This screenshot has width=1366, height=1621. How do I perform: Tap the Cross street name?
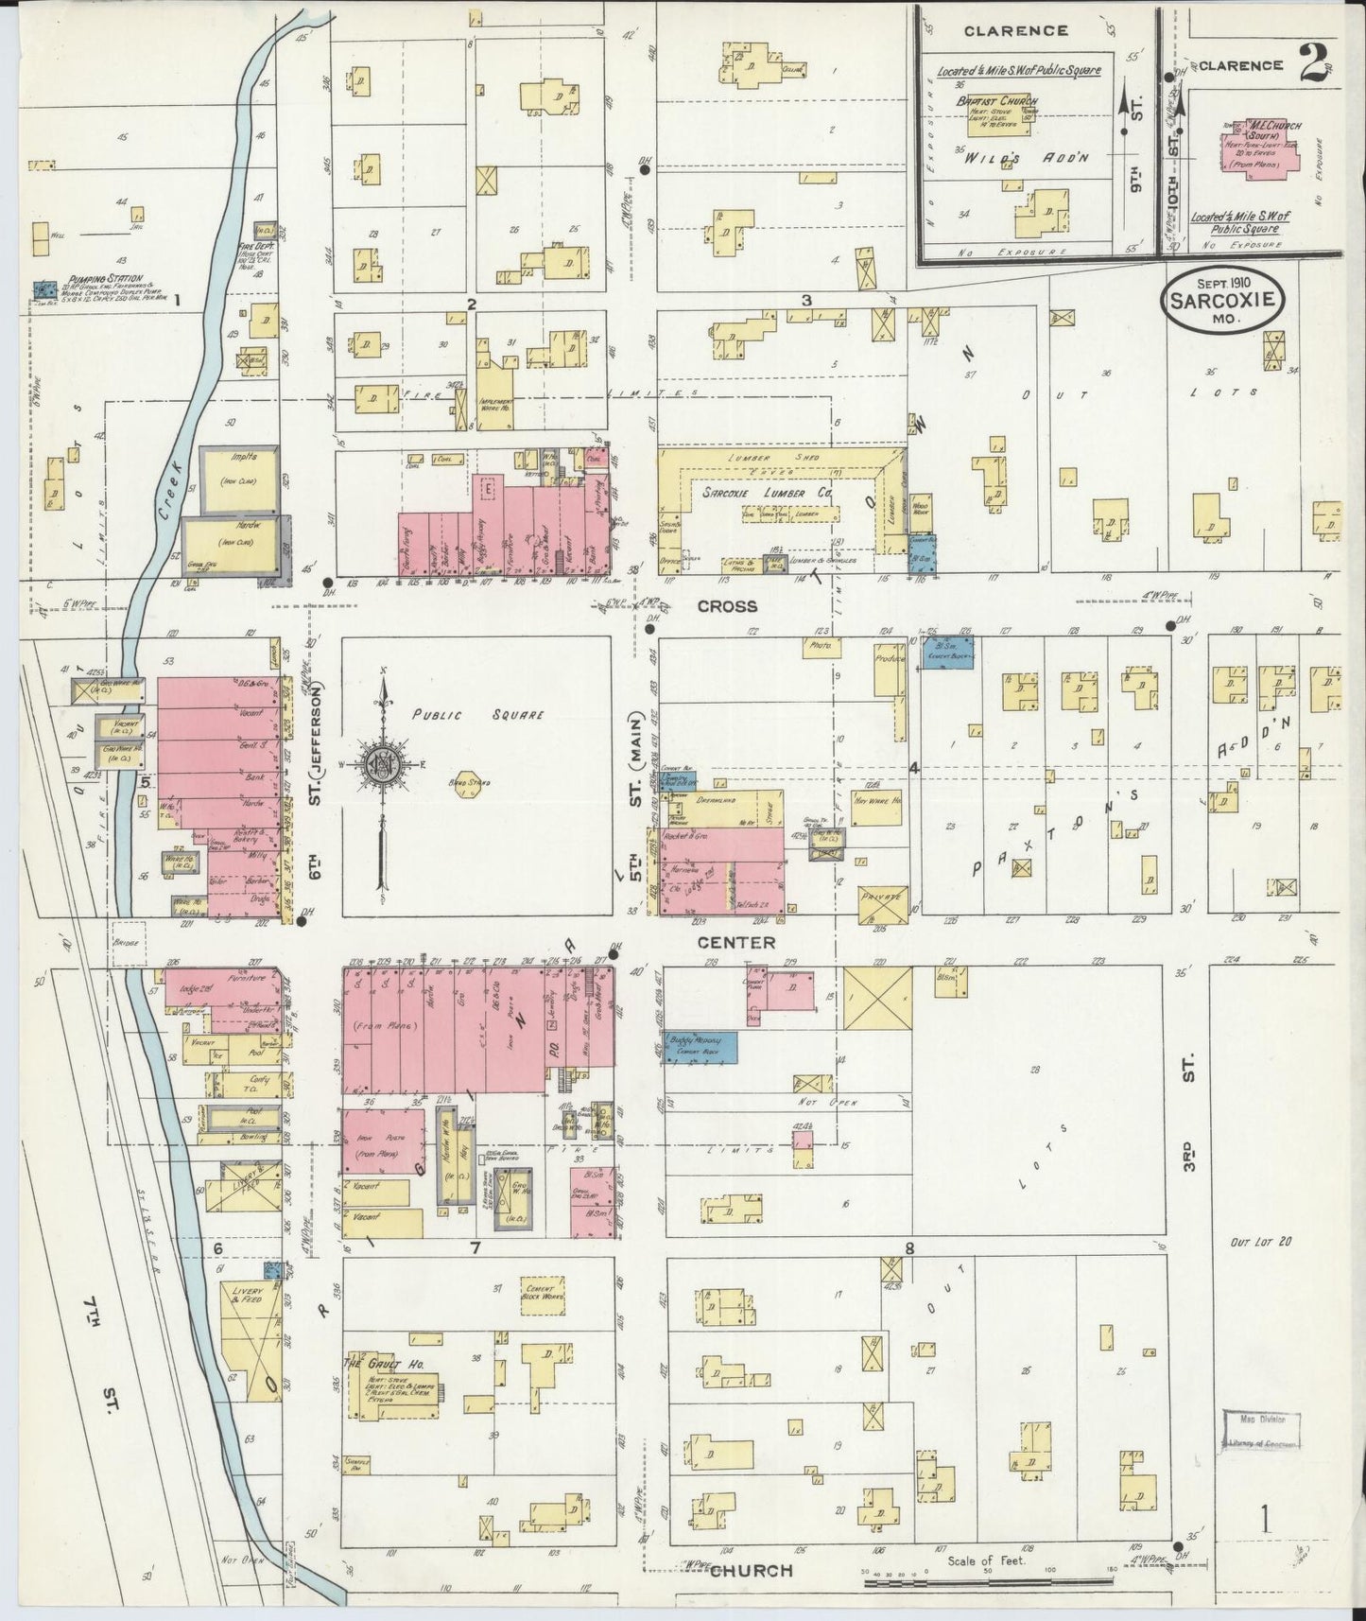(x=730, y=606)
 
